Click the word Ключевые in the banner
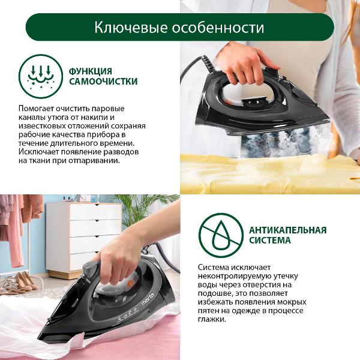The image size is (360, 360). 131,28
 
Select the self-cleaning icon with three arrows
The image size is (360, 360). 41,76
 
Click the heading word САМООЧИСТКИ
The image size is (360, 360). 103,81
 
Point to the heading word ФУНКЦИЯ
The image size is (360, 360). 91,71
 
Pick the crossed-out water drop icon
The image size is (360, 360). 221,235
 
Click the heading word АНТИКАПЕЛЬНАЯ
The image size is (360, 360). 287,230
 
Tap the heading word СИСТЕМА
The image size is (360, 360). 270,241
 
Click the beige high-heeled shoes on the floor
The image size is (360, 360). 26,281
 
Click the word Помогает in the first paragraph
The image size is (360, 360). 35,109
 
